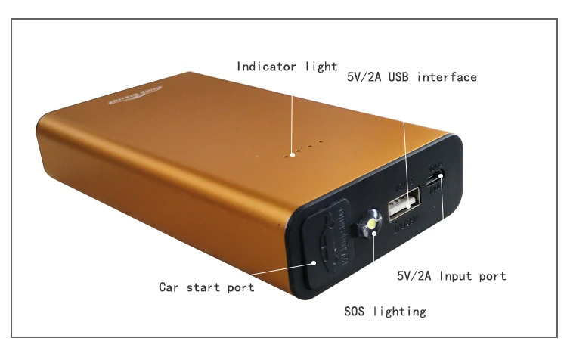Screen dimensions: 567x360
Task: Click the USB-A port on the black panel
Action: [404, 203]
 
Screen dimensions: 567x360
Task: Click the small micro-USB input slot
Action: [434, 182]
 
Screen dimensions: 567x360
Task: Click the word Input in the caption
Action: [454, 276]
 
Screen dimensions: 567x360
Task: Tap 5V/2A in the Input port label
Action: [414, 276]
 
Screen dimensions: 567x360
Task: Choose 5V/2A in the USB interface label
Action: [364, 76]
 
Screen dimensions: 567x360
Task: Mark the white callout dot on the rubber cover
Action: [314, 263]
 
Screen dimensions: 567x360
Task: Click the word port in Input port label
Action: [492, 276]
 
